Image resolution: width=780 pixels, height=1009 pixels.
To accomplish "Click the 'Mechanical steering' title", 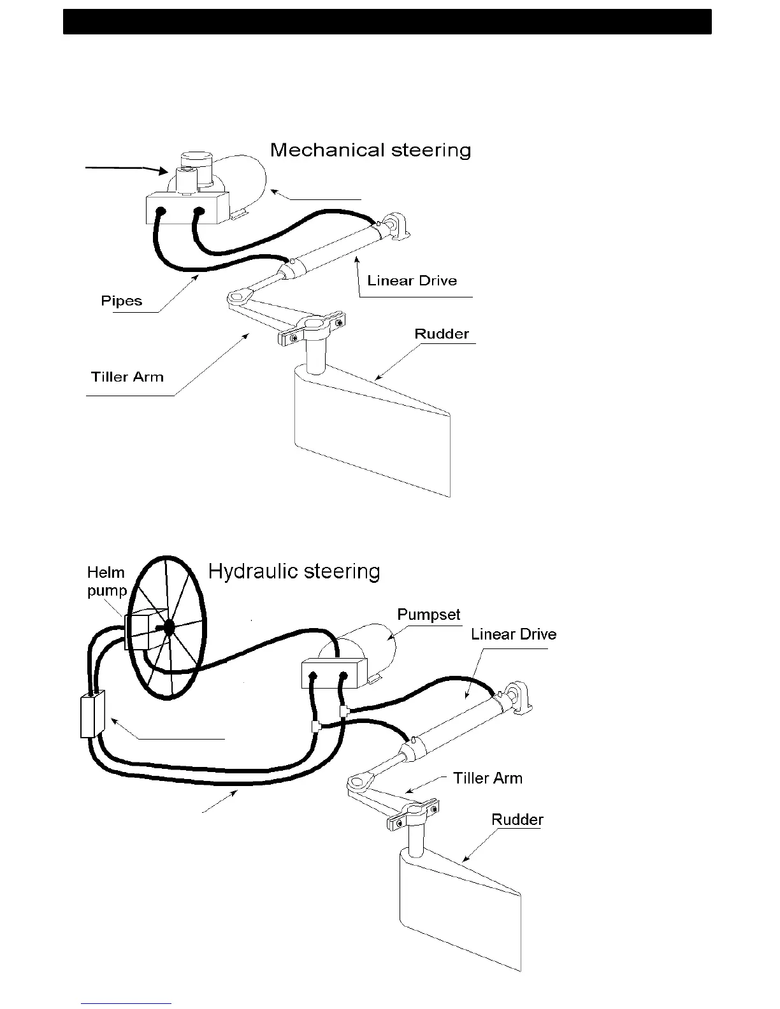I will pos(370,150).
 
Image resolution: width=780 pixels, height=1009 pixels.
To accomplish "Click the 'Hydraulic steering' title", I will pos(294,571).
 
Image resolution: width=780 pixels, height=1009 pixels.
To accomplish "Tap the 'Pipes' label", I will pos(121,301).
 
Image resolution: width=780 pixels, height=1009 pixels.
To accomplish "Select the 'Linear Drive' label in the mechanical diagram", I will pos(412,281).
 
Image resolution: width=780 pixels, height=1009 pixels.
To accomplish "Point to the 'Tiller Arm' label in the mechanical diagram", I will pos(127,377).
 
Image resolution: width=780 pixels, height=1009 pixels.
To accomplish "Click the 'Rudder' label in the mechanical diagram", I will pos(441,334).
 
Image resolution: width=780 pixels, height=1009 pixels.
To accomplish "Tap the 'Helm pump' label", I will pos(106,582).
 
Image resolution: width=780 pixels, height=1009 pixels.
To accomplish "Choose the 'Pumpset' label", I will pos(428,615).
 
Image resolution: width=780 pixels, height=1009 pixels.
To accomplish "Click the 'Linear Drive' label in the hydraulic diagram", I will pos(514,634).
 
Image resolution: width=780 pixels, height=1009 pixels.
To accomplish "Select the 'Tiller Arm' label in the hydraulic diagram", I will pos(487,778).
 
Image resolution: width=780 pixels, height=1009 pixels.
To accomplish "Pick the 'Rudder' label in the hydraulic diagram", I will pos(517,820).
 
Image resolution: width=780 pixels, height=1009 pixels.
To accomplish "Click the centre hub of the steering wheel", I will pos(169,627).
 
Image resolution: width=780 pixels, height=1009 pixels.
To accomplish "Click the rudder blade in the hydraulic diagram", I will pos(459,911).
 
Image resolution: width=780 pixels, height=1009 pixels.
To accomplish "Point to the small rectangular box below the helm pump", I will pos(92,715).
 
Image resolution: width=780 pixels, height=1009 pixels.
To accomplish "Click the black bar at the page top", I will pos(387,22).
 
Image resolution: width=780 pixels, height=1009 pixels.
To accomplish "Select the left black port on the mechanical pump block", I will pos(161,211).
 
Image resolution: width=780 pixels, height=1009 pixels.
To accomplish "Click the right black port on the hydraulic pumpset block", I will pos(343,676).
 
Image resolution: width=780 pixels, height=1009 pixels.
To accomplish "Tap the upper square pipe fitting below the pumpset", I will pos(343,711).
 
